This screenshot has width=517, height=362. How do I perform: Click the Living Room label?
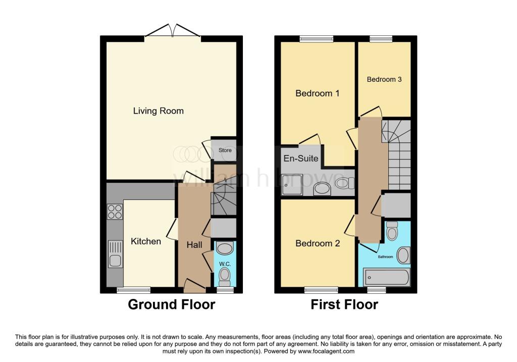158,111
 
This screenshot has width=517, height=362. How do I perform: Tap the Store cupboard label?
225,150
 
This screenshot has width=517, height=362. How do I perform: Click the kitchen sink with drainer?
115,254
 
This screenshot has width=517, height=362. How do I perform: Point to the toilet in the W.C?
225,275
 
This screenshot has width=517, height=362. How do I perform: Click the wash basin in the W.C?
225,248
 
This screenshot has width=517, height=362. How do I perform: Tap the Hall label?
194,244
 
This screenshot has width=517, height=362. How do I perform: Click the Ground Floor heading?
171,304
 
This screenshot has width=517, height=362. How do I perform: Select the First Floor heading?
344,304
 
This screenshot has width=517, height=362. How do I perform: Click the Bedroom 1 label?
317,93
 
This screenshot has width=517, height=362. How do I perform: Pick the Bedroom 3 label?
384,79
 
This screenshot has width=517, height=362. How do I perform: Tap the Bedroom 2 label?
317,243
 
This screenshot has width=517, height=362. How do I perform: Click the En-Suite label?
301,158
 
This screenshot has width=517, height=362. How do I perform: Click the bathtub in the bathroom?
387,277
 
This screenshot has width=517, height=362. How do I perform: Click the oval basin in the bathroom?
403,255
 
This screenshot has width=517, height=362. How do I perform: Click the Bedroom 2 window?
321,290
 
